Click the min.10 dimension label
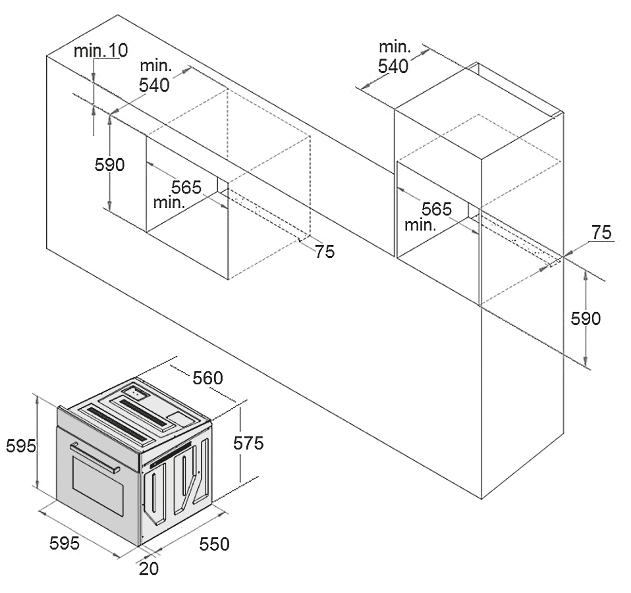(101, 50)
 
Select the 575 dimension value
(249, 444)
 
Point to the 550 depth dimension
(215, 544)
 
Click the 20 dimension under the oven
(149, 569)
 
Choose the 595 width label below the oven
(65, 543)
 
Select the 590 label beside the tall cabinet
(586, 319)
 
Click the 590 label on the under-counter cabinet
(110, 165)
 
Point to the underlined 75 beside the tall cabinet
(601, 233)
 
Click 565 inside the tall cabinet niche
(437, 209)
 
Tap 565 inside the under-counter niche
(186, 187)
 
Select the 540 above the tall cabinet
(394, 66)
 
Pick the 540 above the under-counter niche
(155, 85)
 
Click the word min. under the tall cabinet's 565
(420, 225)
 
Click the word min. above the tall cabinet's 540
(395, 47)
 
